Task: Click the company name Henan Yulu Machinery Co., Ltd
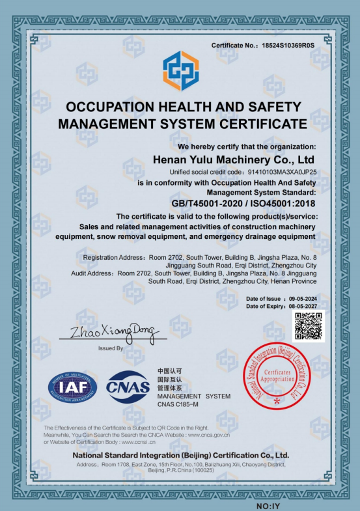[x=233, y=159]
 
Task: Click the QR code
[x=309, y=326]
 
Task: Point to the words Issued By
[x=111, y=348]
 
